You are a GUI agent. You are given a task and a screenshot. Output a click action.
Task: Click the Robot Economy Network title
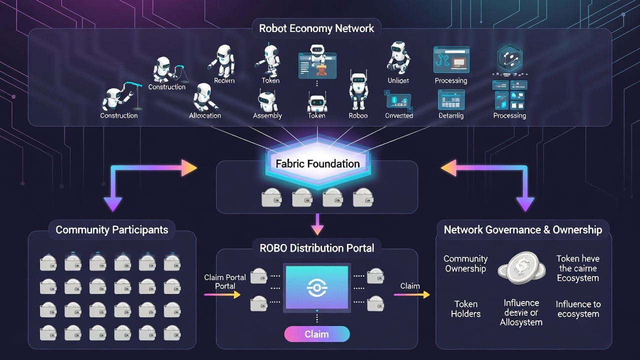point(316,28)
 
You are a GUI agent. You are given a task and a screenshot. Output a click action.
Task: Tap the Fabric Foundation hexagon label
point(317,163)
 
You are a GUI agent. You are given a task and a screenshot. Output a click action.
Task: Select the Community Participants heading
point(112,230)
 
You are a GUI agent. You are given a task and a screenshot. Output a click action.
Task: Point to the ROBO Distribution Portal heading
point(316,248)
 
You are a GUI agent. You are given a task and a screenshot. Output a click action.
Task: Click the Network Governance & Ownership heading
point(523,230)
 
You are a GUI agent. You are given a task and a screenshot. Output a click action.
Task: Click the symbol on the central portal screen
point(316,289)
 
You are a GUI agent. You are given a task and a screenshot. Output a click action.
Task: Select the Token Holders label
point(465,309)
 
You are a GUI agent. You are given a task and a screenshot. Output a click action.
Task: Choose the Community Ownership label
point(465,263)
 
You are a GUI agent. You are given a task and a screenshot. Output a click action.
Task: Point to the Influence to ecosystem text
point(578,309)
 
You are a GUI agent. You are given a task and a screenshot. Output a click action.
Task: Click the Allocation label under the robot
point(205,115)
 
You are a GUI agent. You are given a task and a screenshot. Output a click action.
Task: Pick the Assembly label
point(267,115)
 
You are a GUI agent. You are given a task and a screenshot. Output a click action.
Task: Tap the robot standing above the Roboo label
point(358,91)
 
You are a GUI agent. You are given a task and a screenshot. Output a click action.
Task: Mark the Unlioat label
point(398,80)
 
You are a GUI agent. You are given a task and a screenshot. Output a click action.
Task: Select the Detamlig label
point(451,115)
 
